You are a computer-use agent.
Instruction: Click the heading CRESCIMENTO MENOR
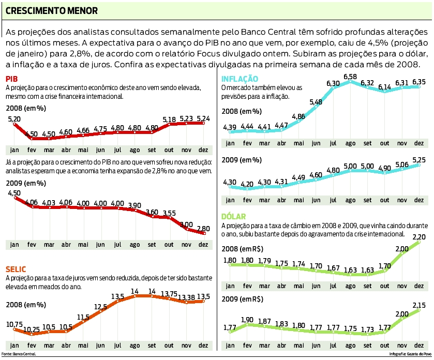click(51, 10)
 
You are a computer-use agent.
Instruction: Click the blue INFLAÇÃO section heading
click(240, 79)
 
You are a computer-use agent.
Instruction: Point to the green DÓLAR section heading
click(234, 217)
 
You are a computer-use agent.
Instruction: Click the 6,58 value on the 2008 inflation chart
click(350, 77)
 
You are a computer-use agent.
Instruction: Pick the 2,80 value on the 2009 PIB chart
click(203, 228)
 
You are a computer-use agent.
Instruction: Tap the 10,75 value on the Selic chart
click(14, 324)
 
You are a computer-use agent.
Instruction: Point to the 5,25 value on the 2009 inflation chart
click(419, 159)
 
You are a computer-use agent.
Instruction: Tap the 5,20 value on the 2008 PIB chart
click(14, 119)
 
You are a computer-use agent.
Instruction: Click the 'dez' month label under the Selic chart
click(203, 344)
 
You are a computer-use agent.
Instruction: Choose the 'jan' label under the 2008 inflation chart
click(230, 143)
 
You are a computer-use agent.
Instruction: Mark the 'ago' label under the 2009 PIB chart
click(135, 244)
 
